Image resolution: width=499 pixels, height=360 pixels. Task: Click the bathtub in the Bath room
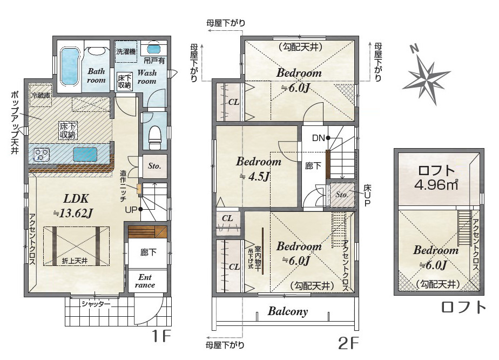70,67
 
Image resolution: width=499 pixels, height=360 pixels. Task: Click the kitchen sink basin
85,155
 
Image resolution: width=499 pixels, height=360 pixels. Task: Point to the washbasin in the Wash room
154,49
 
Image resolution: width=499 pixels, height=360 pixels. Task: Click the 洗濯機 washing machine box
126,51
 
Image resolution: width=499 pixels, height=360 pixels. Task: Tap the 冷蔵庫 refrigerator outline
41,95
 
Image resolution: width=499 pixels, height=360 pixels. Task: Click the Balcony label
288,311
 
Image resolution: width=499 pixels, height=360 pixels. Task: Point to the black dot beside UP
140,209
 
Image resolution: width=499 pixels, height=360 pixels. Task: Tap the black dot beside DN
327,138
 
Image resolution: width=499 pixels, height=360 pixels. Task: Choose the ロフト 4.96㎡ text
436,178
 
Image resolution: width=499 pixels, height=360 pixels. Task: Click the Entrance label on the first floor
145,281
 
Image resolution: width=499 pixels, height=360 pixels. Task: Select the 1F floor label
161,336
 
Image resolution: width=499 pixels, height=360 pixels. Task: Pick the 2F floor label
348,343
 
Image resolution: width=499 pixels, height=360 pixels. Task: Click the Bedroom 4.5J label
258,169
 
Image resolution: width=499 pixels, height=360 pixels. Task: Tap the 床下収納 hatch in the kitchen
68,130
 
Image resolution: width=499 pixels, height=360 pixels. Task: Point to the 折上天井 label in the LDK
75,261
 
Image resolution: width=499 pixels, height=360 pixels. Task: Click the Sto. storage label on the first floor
154,166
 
